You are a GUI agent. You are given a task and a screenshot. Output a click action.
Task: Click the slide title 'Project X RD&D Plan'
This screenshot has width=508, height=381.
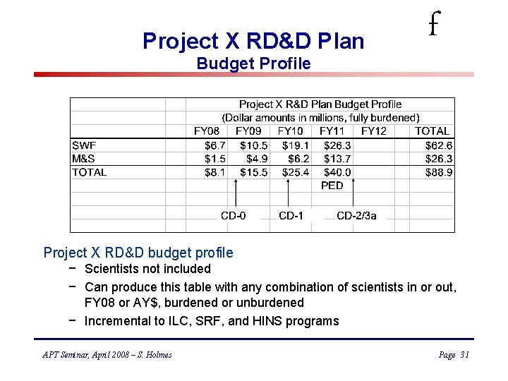click(x=253, y=41)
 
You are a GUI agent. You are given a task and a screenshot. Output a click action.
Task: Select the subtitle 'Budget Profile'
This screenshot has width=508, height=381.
click(x=253, y=64)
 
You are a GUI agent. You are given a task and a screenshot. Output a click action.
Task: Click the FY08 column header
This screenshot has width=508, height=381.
click(x=207, y=131)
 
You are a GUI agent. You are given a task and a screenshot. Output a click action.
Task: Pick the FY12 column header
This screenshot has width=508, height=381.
click(x=374, y=131)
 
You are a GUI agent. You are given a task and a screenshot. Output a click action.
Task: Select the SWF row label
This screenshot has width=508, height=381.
click(x=84, y=145)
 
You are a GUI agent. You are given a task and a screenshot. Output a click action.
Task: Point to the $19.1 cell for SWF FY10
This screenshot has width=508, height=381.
click(x=296, y=145)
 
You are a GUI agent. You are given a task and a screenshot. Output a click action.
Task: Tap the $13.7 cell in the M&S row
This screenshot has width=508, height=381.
click(x=337, y=158)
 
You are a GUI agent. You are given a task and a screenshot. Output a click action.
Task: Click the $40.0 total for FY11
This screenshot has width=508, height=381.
click(x=337, y=171)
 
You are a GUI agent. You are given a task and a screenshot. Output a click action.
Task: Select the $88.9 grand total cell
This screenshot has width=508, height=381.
click(x=439, y=171)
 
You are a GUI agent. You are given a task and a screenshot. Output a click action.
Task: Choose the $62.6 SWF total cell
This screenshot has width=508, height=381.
click(x=439, y=145)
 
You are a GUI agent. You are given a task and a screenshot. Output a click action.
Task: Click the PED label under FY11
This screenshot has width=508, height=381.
click(x=332, y=186)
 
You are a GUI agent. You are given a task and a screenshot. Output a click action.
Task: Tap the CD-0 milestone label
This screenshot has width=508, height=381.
click(x=234, y=216)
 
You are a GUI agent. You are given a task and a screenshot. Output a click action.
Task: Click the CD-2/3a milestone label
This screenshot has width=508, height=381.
click(x=356, y=216)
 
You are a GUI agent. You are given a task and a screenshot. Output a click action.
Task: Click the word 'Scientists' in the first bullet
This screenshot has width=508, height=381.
click(x=111, y=269)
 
